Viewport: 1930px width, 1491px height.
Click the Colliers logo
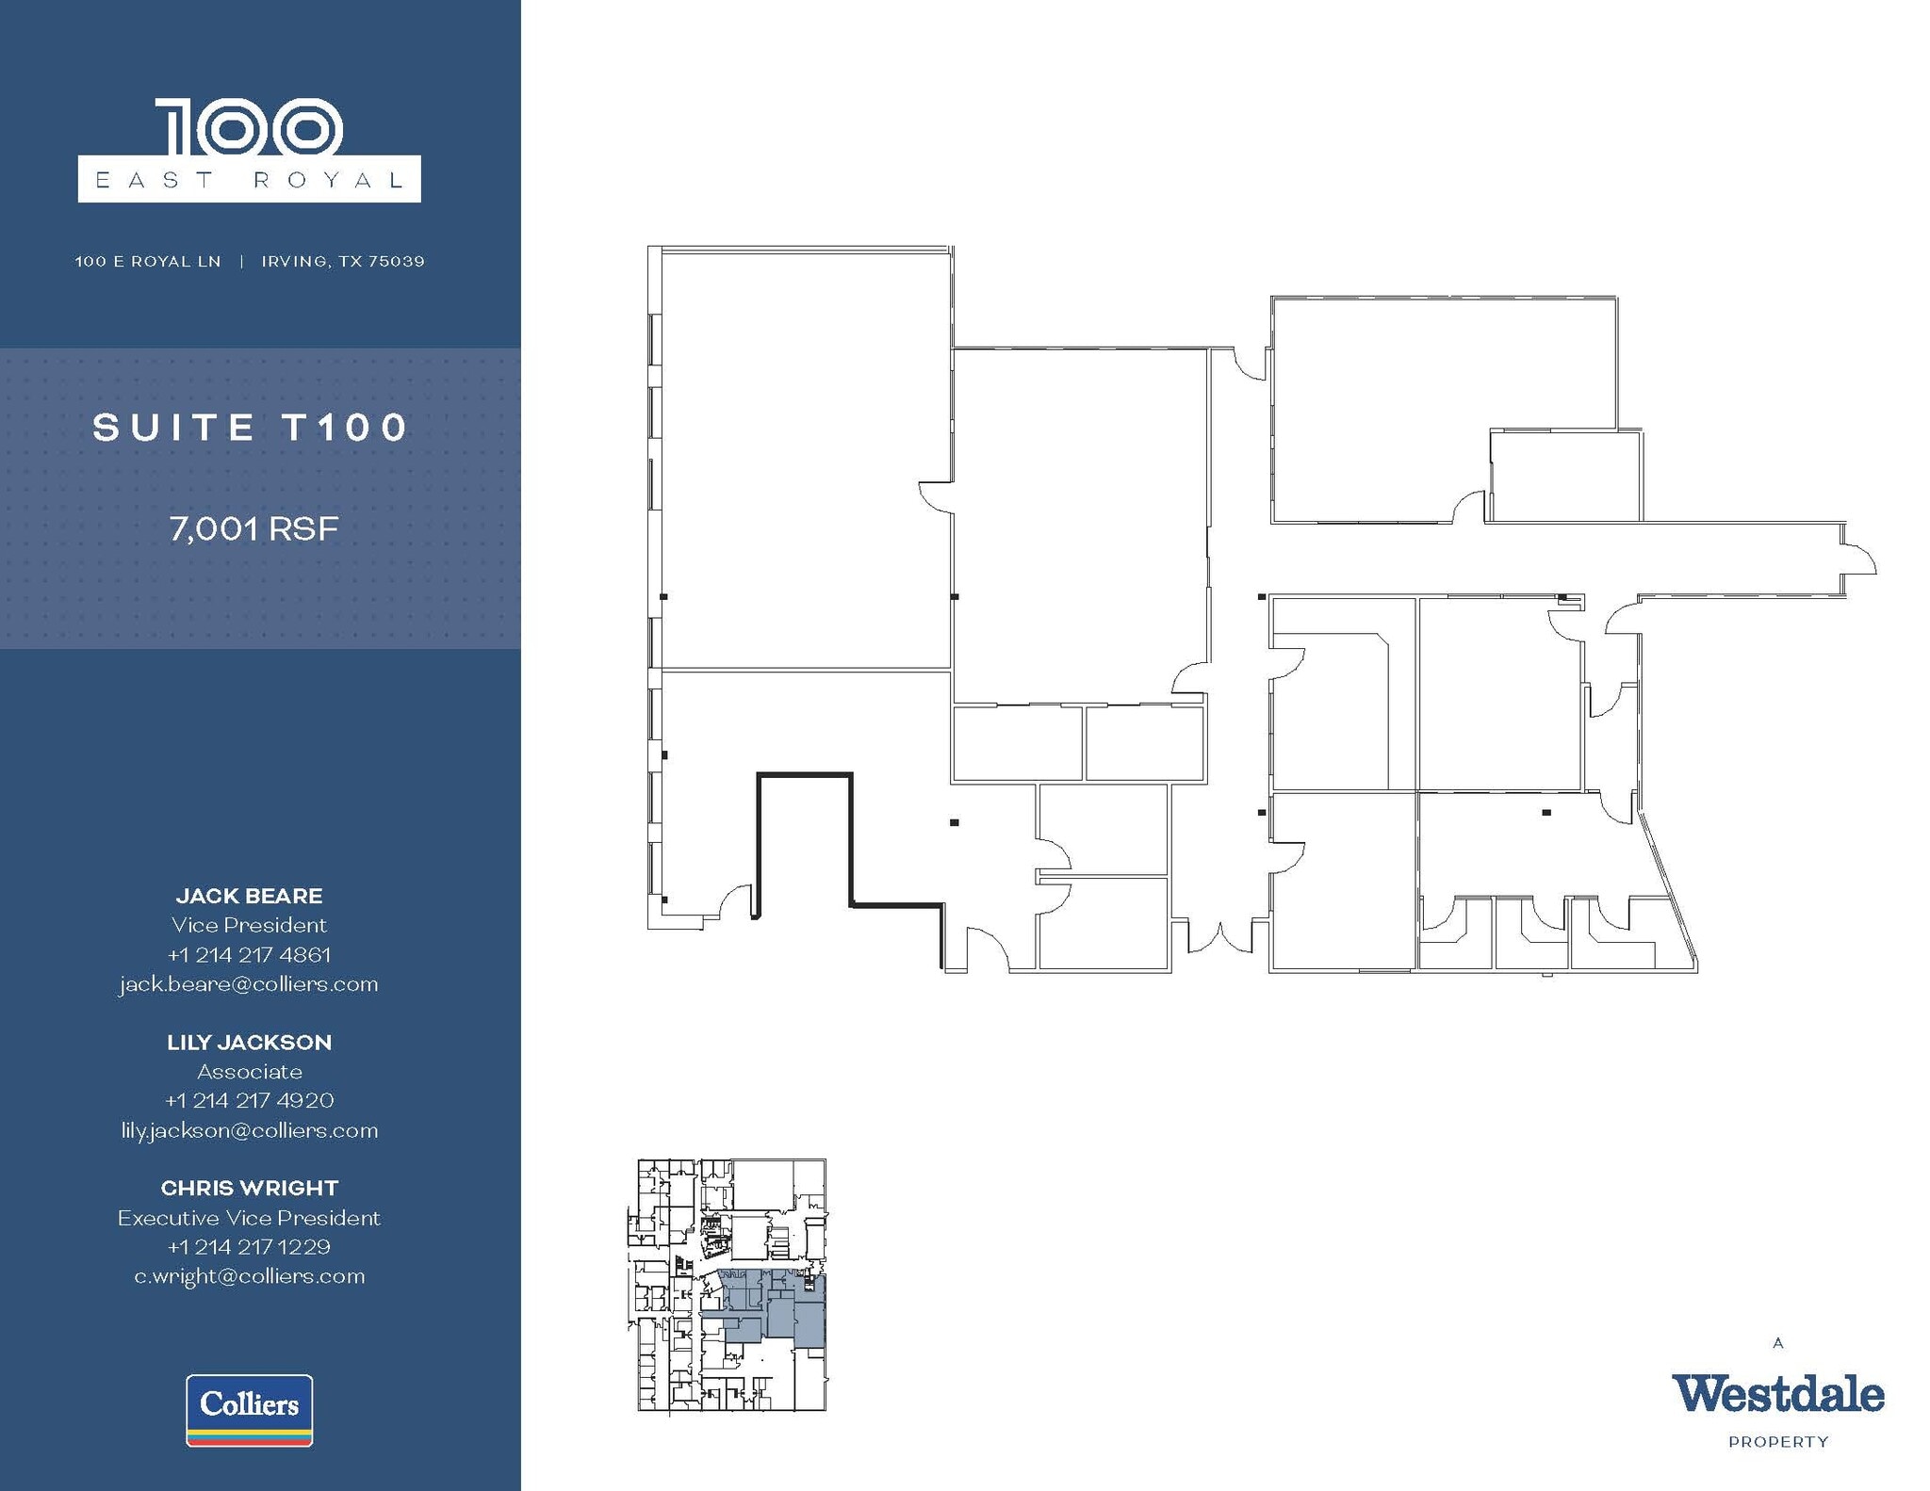249,1409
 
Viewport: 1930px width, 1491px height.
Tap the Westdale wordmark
1777,1394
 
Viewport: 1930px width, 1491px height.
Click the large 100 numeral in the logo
249,127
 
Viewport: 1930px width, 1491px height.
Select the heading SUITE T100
251,428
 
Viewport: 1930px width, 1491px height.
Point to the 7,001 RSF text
254,528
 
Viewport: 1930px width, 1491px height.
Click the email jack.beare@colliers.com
249,984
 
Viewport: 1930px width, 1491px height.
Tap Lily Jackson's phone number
249,1100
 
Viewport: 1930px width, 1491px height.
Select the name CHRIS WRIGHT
249,1188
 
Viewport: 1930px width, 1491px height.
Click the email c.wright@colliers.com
249,1276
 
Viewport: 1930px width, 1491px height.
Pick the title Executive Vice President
249,1218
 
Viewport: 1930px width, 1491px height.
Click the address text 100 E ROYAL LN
148,261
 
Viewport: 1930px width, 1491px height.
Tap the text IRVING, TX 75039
343,261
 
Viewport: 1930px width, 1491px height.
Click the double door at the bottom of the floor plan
1219,937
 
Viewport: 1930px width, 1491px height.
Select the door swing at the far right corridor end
1859,559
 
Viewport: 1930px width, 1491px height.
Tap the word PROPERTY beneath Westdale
1777,1442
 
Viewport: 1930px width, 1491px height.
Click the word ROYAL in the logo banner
329,180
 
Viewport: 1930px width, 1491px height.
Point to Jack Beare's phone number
249,954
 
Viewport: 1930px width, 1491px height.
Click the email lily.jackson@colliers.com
249,1130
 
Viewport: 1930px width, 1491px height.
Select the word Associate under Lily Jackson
249,1071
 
